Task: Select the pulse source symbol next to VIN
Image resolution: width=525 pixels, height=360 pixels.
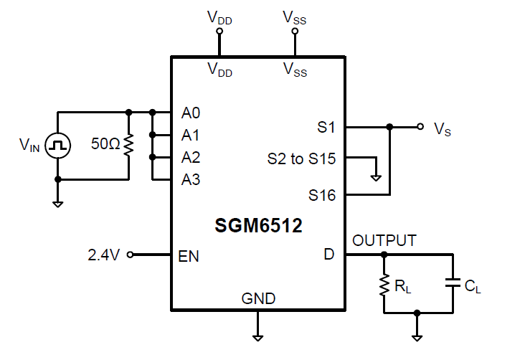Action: click(58, 146)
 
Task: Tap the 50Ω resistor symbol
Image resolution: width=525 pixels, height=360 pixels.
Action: click(128, 146)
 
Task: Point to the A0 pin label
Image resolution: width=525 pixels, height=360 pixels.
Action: click(191, 113)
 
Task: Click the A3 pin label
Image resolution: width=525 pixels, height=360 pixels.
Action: click(191, 179)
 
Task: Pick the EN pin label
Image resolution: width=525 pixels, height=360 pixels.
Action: click(189, 255)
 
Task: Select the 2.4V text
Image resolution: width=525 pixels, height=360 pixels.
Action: click(103, 255)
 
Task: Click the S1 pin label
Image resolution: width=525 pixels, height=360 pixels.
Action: click(326, 128)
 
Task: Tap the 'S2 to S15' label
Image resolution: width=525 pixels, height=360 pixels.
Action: click(301, 159)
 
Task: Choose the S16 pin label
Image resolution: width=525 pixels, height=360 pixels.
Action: click(322, 194)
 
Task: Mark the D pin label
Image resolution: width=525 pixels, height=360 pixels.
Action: click(329, 255)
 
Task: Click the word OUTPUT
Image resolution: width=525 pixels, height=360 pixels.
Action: click(384, 240)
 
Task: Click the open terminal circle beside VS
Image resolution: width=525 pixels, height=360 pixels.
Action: click(420, 127)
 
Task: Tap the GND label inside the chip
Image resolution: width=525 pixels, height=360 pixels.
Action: click(258, 298)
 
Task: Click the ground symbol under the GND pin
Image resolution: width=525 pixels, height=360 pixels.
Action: click(257, 335)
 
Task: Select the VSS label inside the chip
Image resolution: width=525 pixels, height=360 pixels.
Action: click(295, 70)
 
